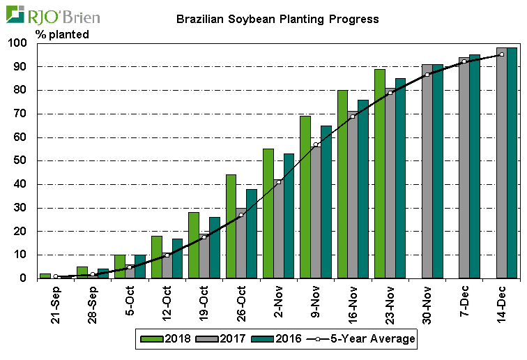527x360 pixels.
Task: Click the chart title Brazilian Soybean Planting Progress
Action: [277, 20]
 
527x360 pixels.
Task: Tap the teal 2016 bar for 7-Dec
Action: [475, 166]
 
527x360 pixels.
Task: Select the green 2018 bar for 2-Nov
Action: [268, 213]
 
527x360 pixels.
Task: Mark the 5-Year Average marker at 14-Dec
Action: [501, 54]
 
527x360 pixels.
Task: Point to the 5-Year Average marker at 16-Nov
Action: [353, 117]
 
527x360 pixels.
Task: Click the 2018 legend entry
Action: [170, 339]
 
